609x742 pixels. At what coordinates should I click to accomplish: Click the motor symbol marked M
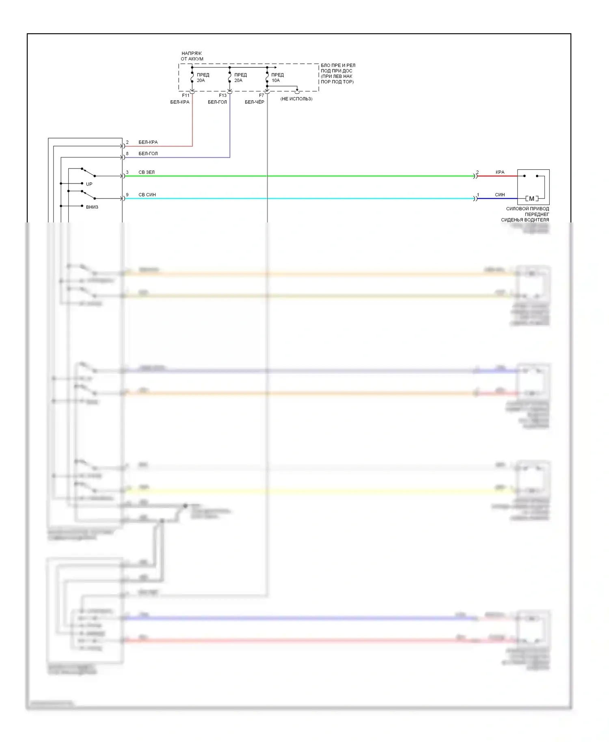tap(531, 198)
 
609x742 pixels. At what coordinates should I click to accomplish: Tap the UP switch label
tap(89, 184)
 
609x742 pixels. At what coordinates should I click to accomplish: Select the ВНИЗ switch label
tap(92, 207)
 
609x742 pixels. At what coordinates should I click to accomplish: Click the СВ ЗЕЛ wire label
tap(147, 172)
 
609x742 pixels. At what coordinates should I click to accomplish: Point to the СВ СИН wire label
tap(147, 195)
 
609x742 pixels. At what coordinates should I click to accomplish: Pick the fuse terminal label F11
tap(186, 96)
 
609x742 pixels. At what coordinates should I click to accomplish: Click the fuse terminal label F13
tap(223, 96)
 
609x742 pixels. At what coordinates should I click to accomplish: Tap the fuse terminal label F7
tap(261, 96)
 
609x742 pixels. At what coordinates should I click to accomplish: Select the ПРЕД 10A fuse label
tap(278, 78)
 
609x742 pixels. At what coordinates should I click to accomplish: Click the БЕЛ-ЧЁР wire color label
tap(255, 102)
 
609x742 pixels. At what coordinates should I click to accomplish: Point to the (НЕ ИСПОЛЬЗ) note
tap(296, 99)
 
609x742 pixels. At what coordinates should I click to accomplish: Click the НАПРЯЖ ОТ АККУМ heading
tap(192, 56)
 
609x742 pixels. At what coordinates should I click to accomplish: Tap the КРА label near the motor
tap(500, 172)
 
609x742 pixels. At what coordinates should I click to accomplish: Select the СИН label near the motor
tap(500, 195)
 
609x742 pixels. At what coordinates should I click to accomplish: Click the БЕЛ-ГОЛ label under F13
tap(217, 102)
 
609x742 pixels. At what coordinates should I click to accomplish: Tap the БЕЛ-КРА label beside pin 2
tap(148, 142)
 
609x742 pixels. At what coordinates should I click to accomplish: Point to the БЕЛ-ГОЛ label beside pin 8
tap(148, 154)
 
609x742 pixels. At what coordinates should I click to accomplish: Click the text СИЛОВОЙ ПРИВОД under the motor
tap(527, 209)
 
